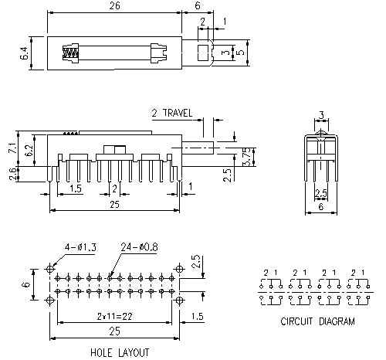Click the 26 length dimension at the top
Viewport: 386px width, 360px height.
113,6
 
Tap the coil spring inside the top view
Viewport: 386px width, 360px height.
70,54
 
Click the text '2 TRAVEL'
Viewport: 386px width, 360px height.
172,113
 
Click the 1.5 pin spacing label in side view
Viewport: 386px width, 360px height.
76,188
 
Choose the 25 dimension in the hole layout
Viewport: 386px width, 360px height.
113,333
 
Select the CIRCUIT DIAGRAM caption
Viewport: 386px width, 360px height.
317,321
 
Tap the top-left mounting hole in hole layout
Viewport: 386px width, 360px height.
52,270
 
